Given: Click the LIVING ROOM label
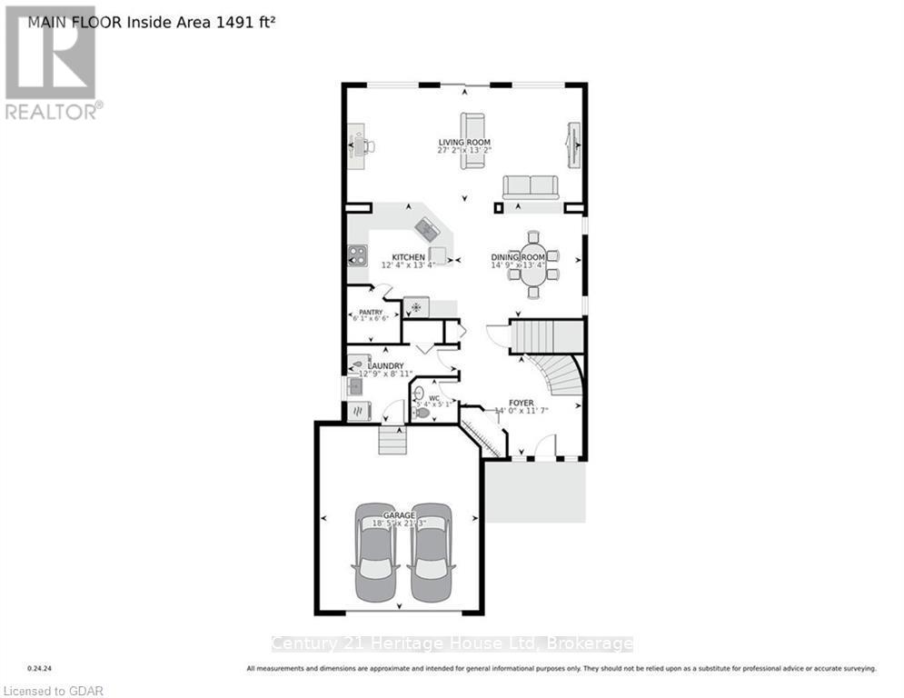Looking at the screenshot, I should pos(464,143).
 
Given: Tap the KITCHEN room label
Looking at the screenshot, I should pos(408,257).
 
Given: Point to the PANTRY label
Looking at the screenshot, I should pos(370,312).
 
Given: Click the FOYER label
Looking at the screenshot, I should pos(521,403).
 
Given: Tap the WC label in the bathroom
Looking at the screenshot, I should pos(434,397).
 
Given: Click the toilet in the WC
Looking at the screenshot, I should pos(421,412).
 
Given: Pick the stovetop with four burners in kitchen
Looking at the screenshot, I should pos(356,256).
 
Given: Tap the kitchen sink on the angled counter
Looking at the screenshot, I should pos(427,229).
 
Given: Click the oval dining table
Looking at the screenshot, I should pos(532,264).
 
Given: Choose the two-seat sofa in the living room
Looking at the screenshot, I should pos(531,187).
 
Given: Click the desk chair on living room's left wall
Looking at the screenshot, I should pos(368,145).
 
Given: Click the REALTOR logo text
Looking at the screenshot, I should pos(54,111).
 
